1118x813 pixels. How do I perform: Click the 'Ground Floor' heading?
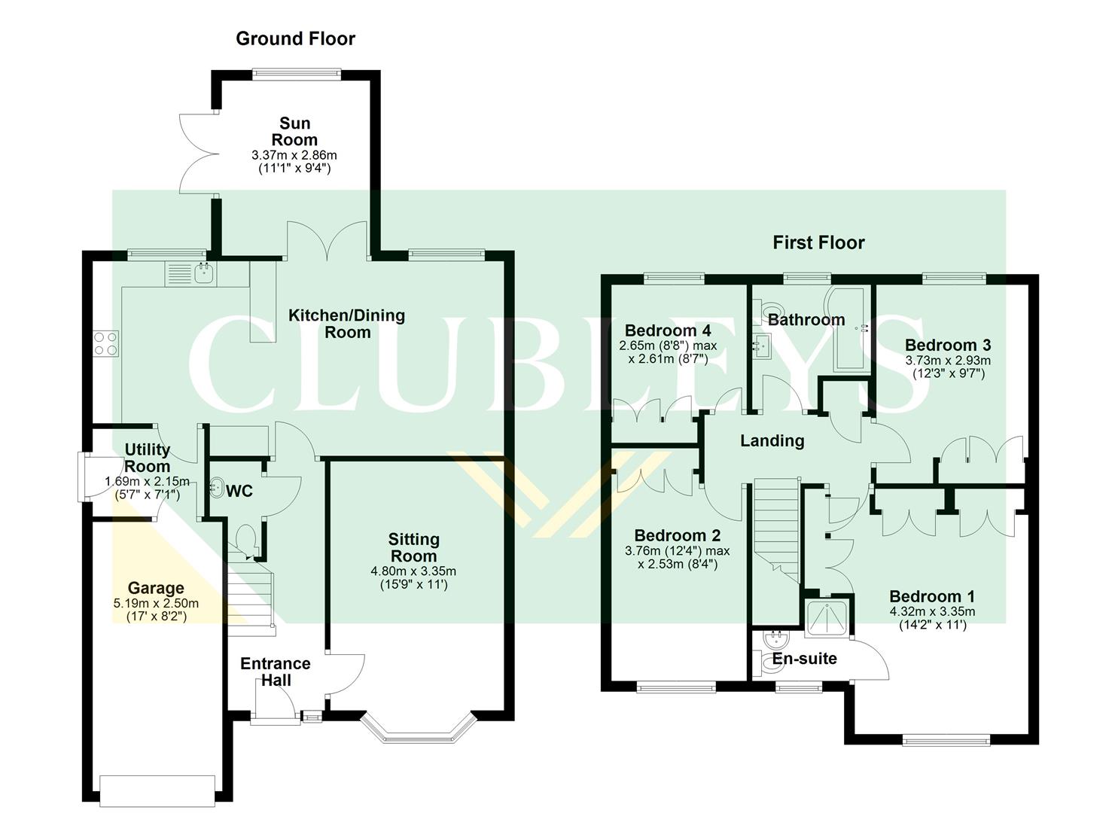pos(295,38)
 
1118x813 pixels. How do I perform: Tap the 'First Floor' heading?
pos(818,242)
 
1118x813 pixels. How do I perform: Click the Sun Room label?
pos(294,132)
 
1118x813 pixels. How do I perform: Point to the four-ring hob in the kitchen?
pos(105,343)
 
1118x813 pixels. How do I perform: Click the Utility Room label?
pos(147,458)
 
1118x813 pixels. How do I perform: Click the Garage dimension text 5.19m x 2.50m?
pos(156,603)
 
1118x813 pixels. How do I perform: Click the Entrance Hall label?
pos(275,671)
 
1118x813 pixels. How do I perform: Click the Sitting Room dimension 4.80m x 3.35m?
pos(413,571)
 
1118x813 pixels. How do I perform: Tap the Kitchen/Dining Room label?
pos(347,324)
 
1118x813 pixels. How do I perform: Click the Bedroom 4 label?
pos(668,330)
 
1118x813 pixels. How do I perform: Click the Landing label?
pos(772,441)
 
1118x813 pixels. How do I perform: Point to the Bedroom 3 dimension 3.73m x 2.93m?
pos(948,360)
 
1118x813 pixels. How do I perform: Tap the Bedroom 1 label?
pos(932,596)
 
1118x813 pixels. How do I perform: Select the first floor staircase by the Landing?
pos(775,527)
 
